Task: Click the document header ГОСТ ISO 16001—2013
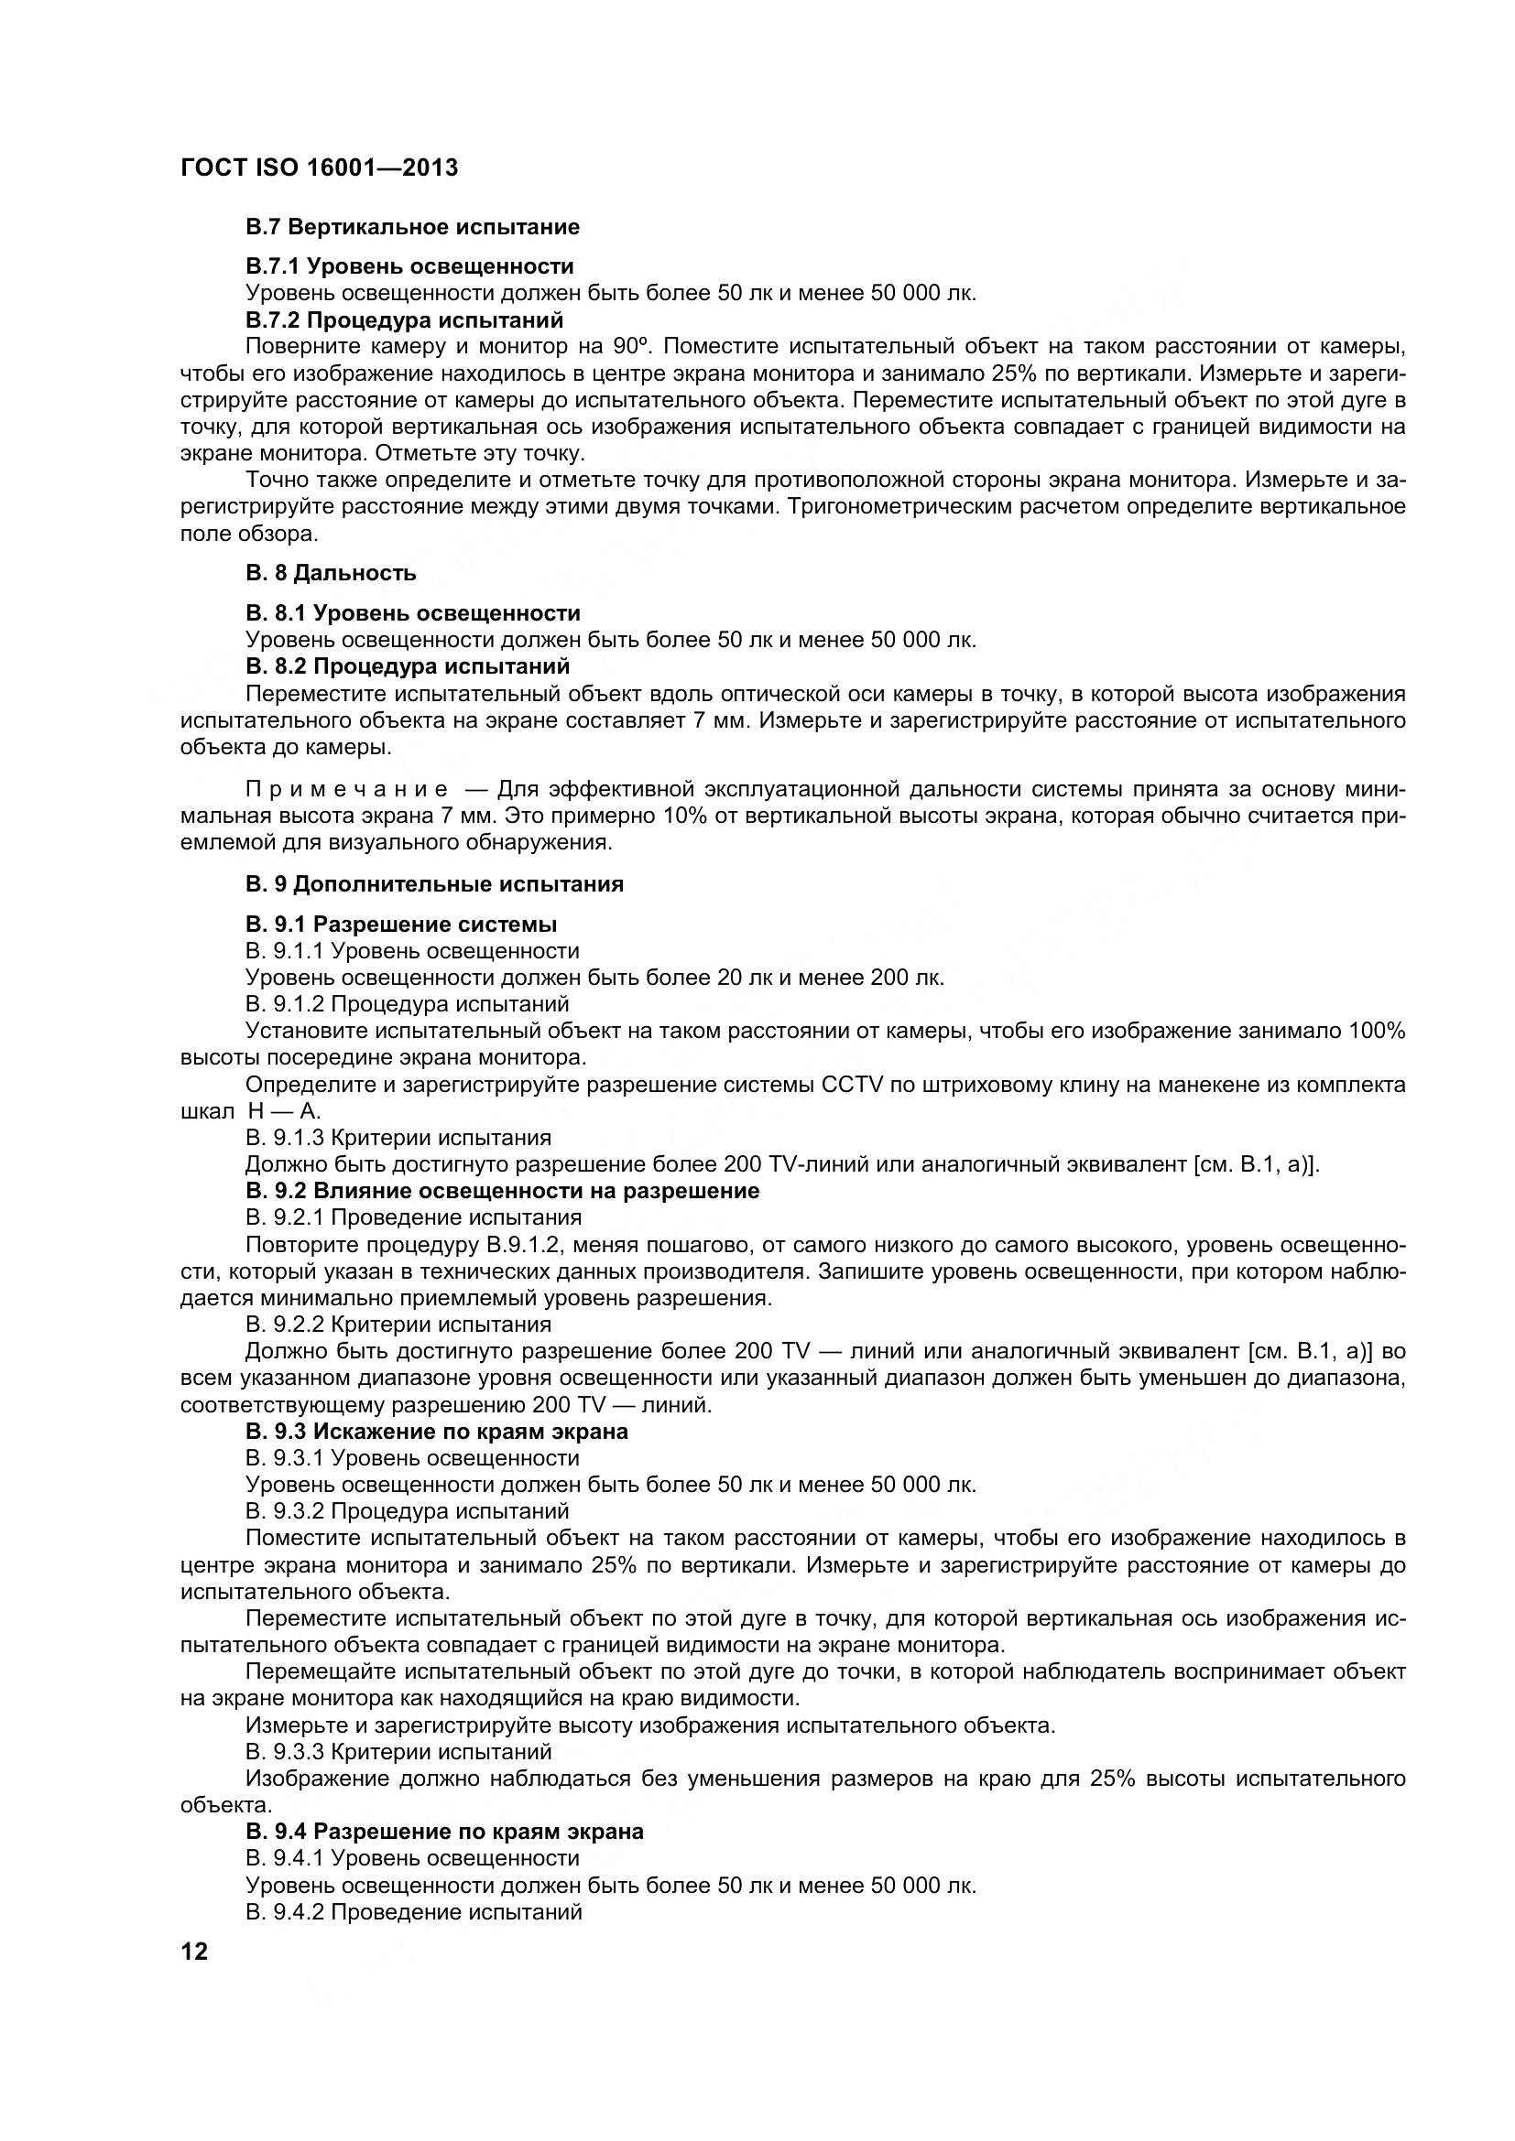click(x=319, y=168)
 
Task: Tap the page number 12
click(x=194, y=1952)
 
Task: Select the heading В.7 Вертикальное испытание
click(x=412, y=227)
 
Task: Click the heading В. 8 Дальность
click(x=332, y=572)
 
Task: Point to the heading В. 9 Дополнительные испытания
click(x=435, y=884)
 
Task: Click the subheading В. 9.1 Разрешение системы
click(x=401, y=925)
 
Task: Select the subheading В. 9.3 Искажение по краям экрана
click(x=437, y=1432)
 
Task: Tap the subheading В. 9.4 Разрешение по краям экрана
click(x=444, y=1832)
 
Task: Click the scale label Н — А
click(x=285, y=1111)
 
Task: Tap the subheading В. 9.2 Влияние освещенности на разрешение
click(x=503, y=1191)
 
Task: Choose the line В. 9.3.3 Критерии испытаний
click(x=398, y=1752)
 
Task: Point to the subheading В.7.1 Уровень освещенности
click(x=409, y=266)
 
